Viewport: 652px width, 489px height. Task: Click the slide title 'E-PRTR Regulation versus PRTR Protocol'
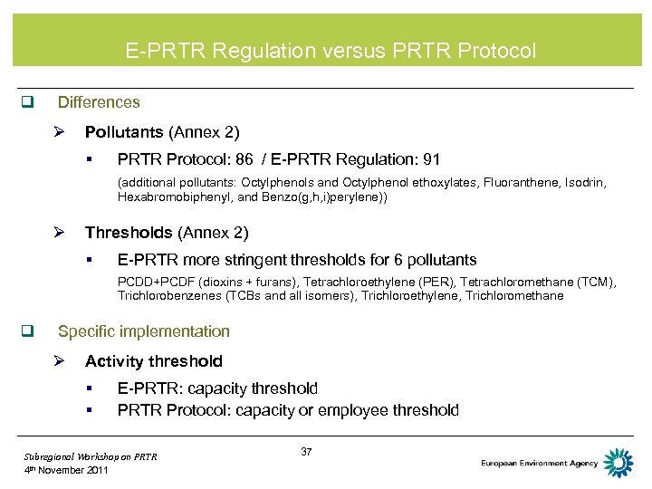331,51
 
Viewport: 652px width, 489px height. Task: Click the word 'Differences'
99,103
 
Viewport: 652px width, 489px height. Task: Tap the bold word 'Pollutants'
124,133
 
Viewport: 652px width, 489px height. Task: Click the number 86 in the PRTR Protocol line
244,160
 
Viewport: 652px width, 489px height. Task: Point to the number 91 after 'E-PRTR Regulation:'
431,160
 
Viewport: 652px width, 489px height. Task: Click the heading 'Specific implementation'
143,332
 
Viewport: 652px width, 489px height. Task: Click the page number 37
305,452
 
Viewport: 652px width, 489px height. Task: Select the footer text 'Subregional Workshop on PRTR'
91,456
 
